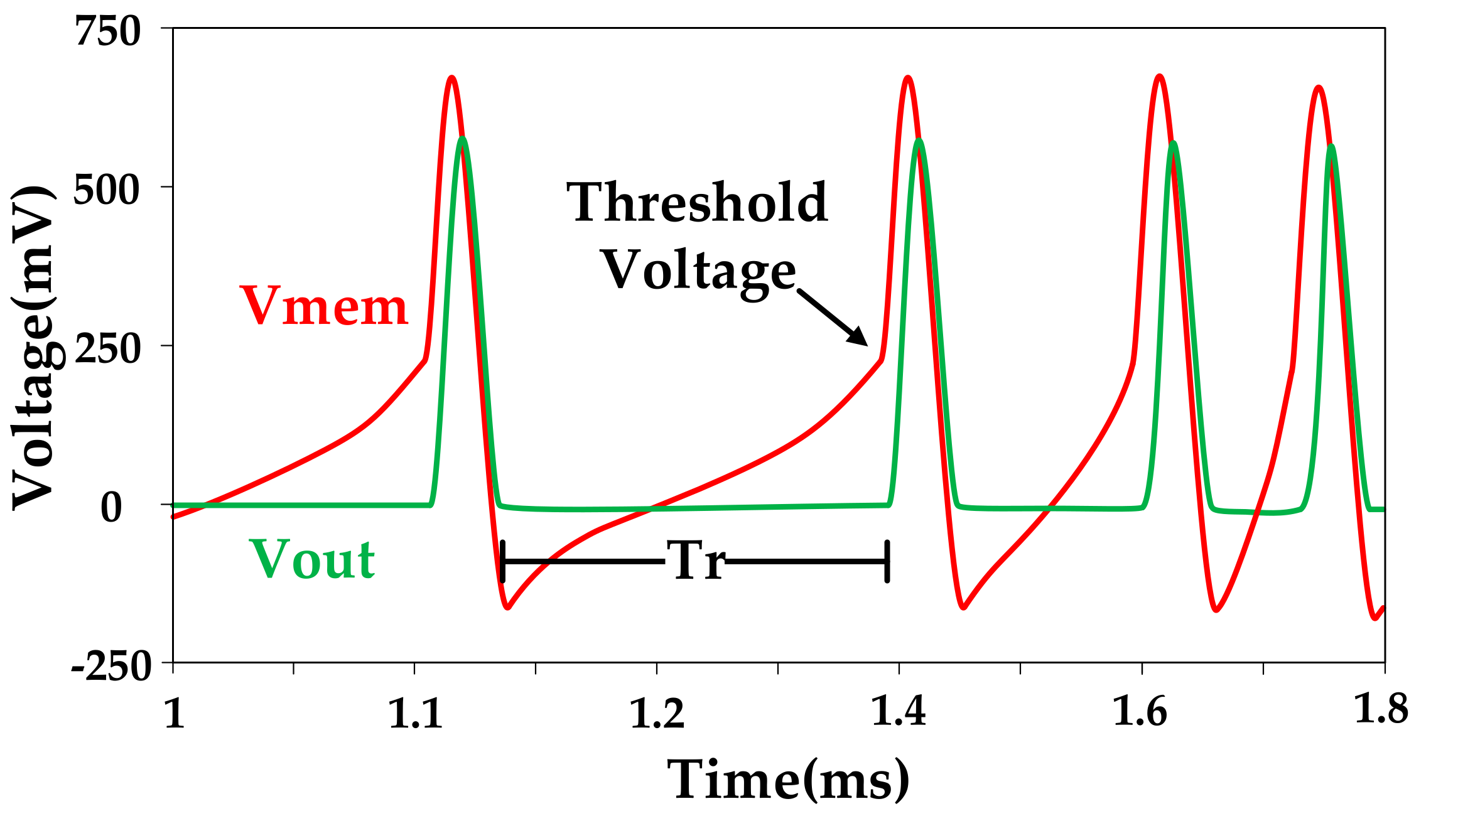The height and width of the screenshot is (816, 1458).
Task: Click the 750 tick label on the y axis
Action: tap(107, 31)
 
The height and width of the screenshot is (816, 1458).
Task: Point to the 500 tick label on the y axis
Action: tap(106, 190)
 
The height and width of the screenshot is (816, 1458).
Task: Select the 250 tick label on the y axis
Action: tap(106, 349)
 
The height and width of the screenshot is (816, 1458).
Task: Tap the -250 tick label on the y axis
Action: tap(112, 666)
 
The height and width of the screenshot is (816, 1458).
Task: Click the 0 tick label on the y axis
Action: tap(111, 508)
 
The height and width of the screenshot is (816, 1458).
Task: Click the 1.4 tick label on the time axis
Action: tap(899, 714)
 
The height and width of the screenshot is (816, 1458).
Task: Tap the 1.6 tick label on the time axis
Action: tap(1140, 714)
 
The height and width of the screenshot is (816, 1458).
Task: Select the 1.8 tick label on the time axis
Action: tap(1381, 711)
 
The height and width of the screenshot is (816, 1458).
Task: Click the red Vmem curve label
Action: tap(324, 307)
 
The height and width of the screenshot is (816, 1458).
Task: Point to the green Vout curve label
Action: tap(312, 559)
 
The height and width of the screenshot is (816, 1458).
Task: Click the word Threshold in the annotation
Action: tap(698, 203)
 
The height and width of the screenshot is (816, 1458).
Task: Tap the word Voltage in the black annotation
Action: tap(699, 271)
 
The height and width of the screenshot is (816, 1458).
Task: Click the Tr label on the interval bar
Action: tap(694, 561)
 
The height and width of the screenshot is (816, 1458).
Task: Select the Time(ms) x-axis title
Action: tap(788, 780)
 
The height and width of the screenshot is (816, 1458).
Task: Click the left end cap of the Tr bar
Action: tap(503, 561)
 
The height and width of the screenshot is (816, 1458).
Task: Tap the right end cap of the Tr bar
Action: tap(887, 561)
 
